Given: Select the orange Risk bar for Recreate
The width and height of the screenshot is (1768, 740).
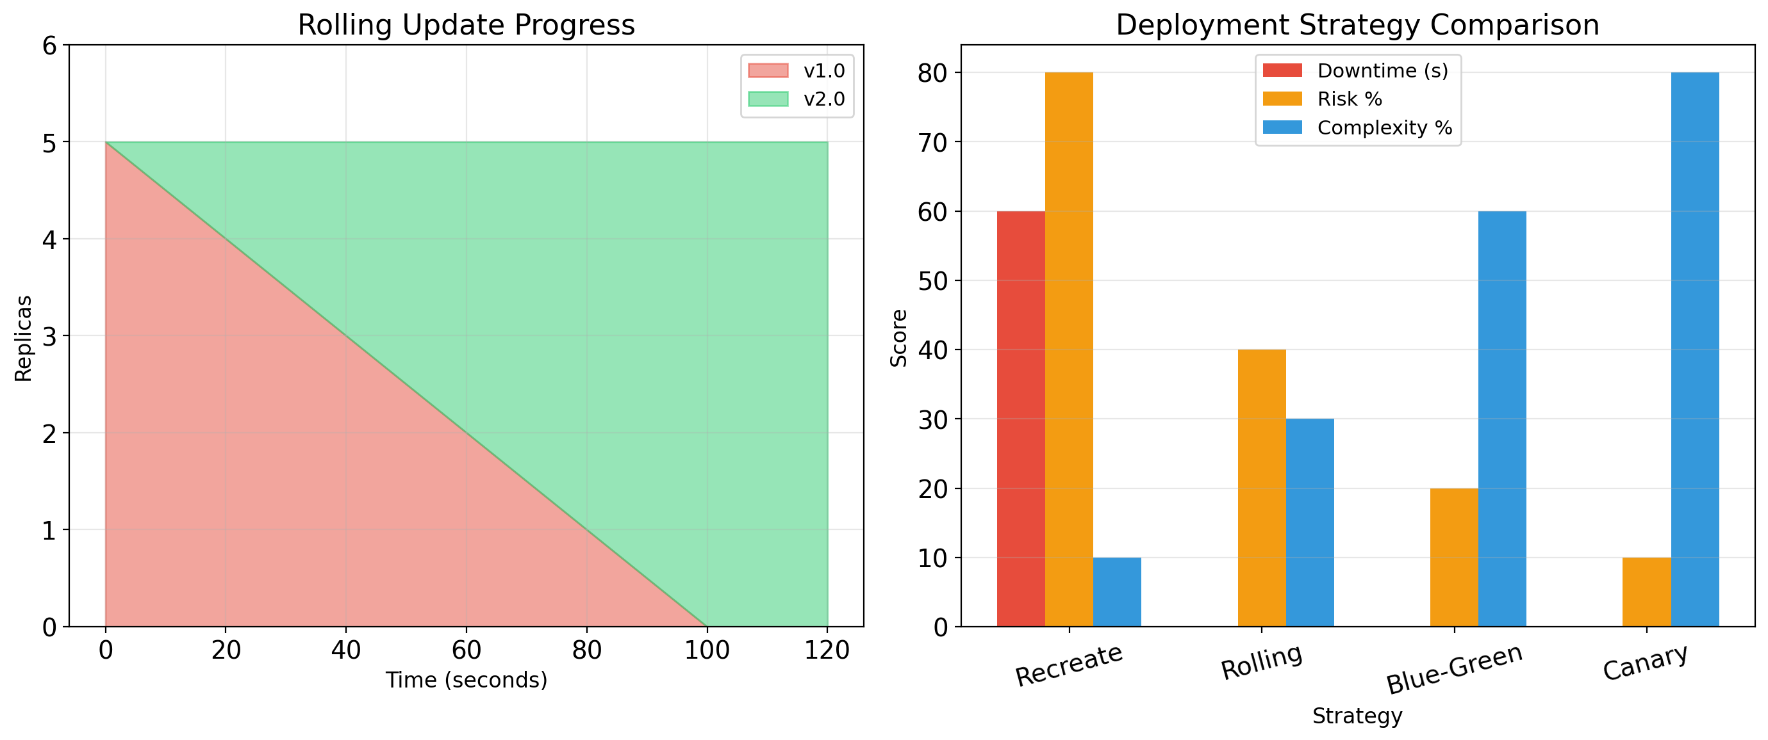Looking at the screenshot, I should coord(1069,349).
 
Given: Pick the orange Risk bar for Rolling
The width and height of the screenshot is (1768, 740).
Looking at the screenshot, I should coord(1262,488).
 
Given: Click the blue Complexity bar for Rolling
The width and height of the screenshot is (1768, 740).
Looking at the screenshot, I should coord(1310,522).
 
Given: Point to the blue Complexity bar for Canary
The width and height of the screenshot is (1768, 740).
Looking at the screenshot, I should coord(1694,349).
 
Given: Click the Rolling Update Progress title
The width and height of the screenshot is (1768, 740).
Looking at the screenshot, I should coord(466,25).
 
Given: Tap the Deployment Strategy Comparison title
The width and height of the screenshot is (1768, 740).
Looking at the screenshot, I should coord(1357,25).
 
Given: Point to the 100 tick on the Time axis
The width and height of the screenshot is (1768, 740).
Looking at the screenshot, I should coord(707,650).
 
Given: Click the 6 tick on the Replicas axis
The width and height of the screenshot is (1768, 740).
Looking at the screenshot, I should coord(49,46).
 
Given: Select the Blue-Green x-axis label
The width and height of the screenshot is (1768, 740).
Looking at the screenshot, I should coord(1453,668).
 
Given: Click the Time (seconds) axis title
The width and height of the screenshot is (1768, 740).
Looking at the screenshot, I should coord(466,680).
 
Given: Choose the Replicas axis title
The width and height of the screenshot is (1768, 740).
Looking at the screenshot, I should coord(23,338).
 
